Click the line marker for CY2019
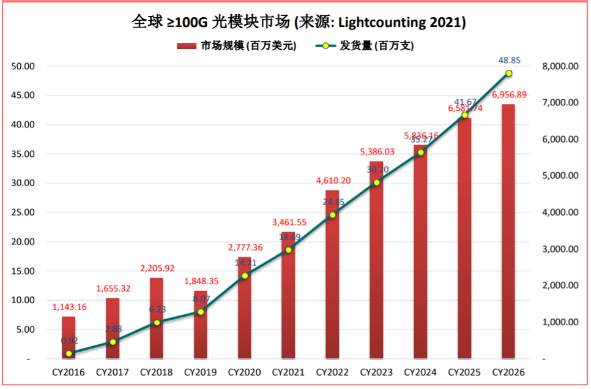tap(201, 312)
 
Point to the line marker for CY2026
tap(508, 74)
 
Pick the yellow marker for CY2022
tap(333, 215)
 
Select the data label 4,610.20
tap(333, 181)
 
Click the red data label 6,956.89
tap(509, 95)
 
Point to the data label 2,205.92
tap(157, 268)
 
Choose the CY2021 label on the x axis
tap(289, 372)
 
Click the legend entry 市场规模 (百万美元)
tap(236, 45)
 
